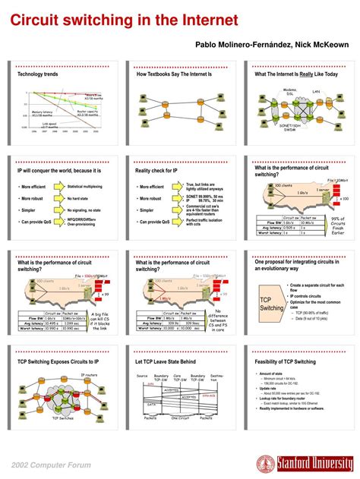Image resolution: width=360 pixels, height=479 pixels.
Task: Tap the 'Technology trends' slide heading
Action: click(x=38, y=75)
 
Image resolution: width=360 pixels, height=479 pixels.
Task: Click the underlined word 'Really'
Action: click(x=308, y=75)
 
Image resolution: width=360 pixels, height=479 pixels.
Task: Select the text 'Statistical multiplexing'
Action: click(x=85, y=186)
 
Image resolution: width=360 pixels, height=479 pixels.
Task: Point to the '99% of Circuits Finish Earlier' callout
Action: click(x=338, y=226)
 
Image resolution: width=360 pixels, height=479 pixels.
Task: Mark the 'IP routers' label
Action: click(x=89, y=375)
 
